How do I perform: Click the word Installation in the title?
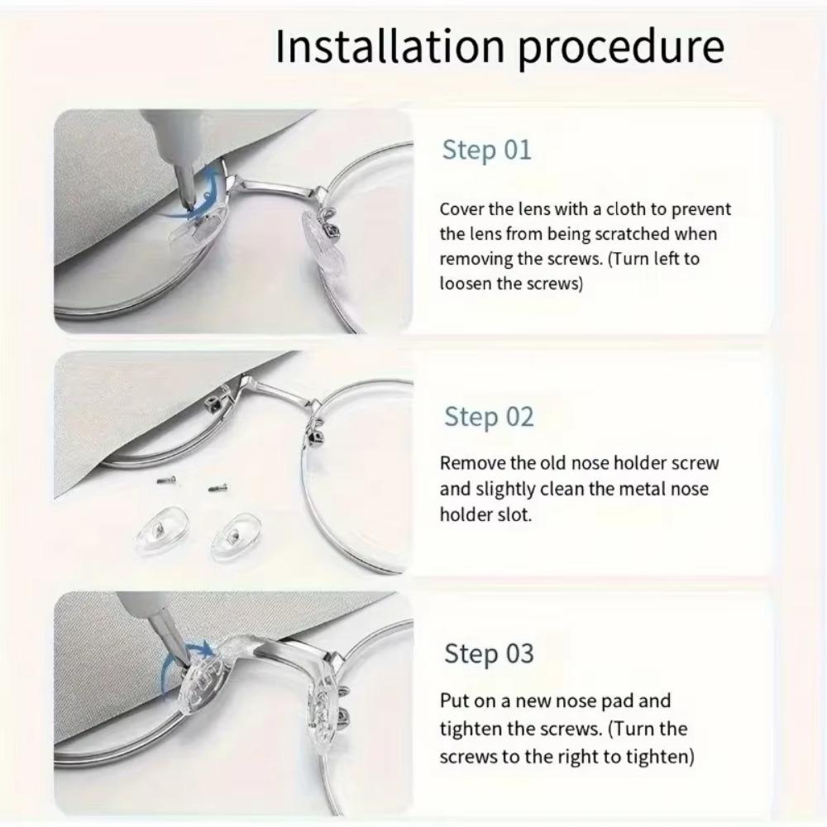pyautogui.click(x=385, y=47)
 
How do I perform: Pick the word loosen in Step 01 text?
pyautogui.click(x=468, y=284)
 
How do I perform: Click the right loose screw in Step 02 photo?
pyautogui.click(x=218, y=488)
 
